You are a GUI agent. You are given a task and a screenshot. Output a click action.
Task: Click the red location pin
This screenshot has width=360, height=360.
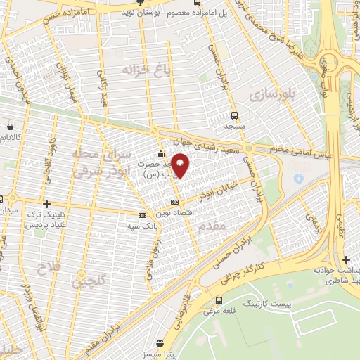(180, 165)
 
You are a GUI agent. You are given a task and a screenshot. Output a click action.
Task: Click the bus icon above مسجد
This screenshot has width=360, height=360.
(233, 115)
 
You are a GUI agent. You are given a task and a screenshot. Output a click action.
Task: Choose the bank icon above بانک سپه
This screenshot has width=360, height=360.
(142, 214)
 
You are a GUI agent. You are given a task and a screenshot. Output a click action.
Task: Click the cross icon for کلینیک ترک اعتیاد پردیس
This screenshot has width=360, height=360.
(46, 203)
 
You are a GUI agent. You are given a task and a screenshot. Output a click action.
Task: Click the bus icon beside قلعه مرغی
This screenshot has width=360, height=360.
(219, 300)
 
